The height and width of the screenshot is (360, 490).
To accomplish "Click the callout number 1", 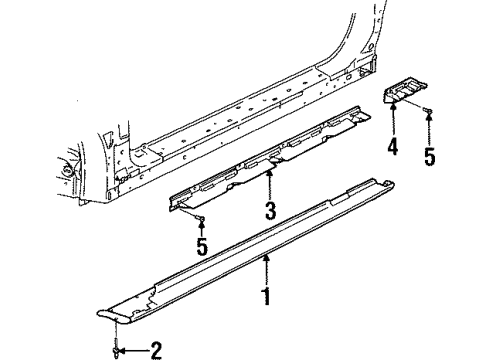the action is [x=267, y=297].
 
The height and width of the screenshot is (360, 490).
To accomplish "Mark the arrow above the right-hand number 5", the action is [x=430, y=128].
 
